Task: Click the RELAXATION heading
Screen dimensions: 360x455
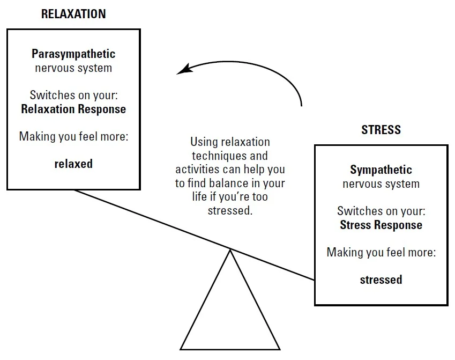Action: [73, 14]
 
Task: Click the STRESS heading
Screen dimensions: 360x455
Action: [381, 130]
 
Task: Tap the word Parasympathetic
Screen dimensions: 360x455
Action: [73, 54]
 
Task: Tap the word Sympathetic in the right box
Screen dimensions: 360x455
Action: [381, 170]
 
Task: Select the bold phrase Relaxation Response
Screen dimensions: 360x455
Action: [73, 109]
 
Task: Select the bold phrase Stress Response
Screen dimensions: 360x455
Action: [381, 225]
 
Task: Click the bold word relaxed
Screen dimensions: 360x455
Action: [73, 164]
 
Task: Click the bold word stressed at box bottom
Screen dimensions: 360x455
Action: [381, 280]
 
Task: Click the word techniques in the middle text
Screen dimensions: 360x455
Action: [230, 156]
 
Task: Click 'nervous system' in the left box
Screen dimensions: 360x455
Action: [73, 68]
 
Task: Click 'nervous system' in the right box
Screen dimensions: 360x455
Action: [381, 184]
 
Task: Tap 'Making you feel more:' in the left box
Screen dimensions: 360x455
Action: [73, 137]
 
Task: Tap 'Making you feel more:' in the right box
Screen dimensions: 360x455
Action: [381, 253]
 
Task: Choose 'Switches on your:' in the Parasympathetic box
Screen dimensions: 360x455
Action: [73, 95]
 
